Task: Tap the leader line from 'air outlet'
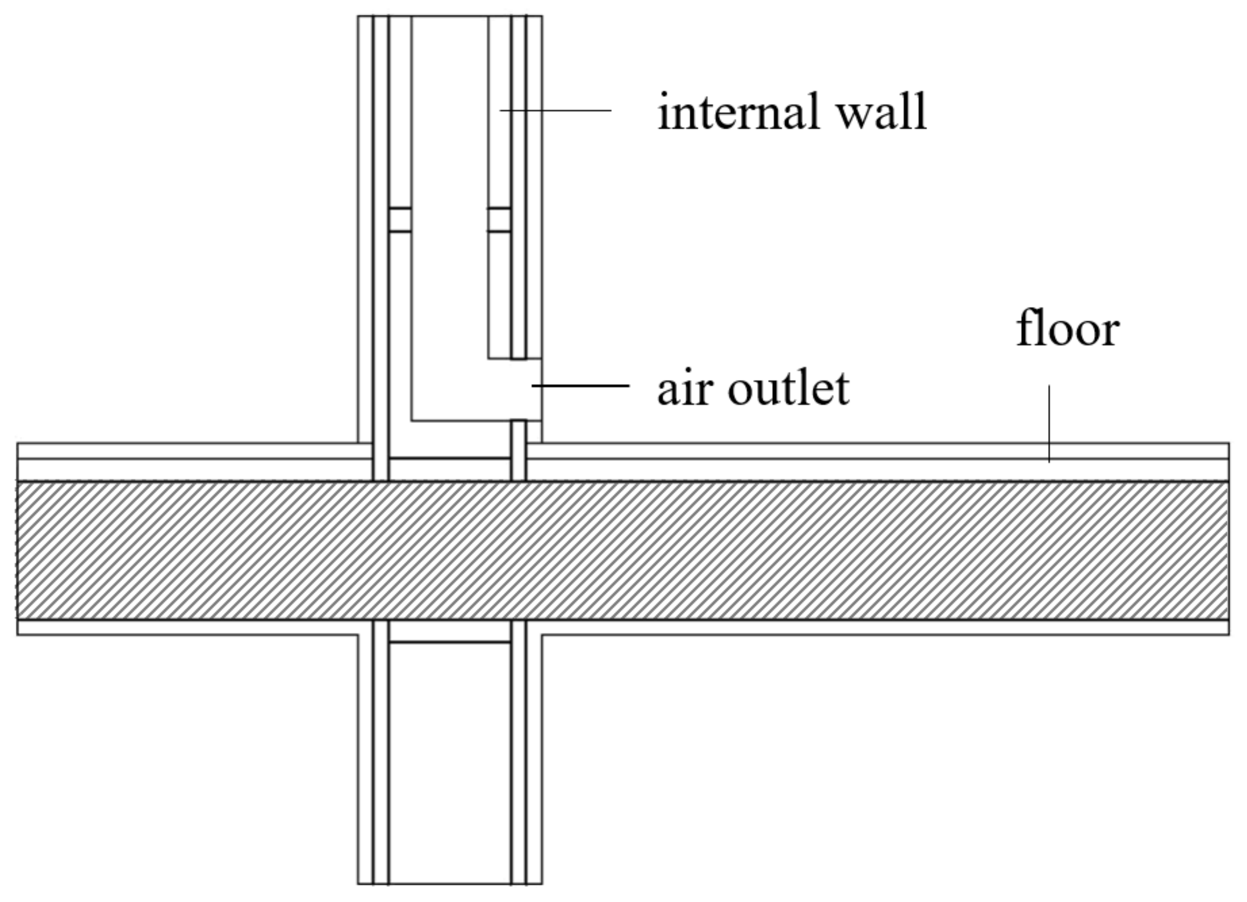coord(581,386)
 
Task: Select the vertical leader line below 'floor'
coord(1049,423)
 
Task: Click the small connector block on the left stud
coord(400,220)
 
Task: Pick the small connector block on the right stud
coord(499,220)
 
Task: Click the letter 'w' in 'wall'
coord(856,115)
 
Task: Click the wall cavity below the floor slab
coord(449,770)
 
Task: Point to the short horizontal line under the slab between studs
coord(449,642)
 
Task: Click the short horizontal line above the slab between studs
coord(449,457)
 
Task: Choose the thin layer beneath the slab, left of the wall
coord(187,627)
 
